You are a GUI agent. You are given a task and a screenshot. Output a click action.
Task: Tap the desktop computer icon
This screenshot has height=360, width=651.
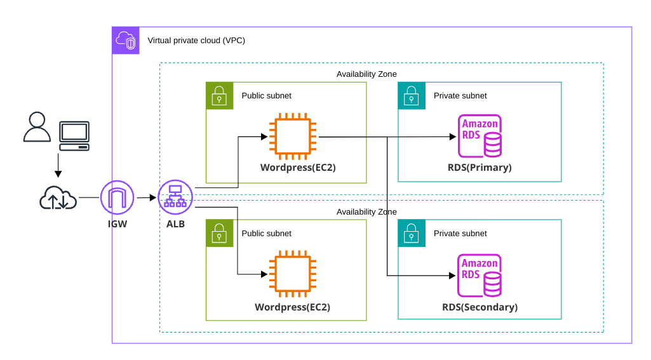coord(74,135)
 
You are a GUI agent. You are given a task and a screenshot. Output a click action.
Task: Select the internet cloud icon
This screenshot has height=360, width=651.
coord(58,198)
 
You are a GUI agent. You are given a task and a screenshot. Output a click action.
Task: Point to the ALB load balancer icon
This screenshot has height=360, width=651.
coord(175,197)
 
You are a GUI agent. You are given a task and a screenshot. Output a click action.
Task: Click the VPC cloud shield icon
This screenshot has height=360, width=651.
coord(126,41)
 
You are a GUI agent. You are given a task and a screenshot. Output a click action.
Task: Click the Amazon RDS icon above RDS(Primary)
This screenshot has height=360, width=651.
coord(480,136)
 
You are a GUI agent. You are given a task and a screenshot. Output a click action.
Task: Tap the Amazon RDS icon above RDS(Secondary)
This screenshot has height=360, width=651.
coord(480,275)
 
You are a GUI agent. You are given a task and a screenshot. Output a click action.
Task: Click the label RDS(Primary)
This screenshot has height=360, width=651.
coord(480,168)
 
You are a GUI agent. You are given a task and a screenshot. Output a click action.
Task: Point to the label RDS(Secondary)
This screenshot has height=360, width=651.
coord(480,307)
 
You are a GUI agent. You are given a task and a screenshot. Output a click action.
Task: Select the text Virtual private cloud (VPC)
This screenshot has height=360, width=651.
coord(196,41)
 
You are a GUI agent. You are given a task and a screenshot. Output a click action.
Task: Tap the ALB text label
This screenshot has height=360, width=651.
coord(175,223)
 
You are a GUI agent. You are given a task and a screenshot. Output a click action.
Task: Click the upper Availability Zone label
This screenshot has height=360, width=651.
coord(366,74)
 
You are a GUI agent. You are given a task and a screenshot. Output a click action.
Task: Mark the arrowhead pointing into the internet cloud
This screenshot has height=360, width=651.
coord(58,174)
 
